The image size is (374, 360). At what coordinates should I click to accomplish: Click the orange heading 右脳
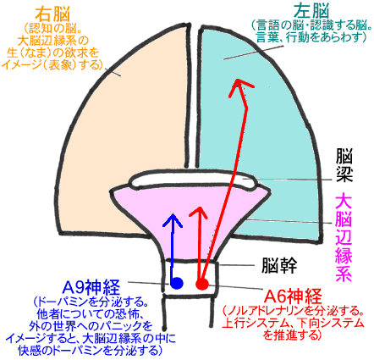coord(52,14)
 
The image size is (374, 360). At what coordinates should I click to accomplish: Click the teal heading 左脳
coord(311,12)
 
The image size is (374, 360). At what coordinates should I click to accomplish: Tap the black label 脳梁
coord(344,166)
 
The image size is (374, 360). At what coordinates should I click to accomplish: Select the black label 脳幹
coord(279,265)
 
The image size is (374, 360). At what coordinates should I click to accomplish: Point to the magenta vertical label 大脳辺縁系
coord(344,236)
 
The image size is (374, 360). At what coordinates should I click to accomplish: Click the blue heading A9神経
coord(91,287)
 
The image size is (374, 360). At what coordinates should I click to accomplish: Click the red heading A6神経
coord(293,296)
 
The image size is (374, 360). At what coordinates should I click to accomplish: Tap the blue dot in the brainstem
coord(177,283)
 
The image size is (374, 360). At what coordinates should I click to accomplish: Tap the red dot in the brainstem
coord(202,284)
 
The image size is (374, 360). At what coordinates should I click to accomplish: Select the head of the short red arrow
coord(200,210)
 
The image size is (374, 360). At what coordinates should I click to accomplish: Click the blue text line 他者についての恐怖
coord(91,314)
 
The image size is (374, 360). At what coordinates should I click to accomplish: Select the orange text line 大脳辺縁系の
coord(53,41)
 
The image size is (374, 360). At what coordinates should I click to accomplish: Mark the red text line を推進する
coord(293,335)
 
